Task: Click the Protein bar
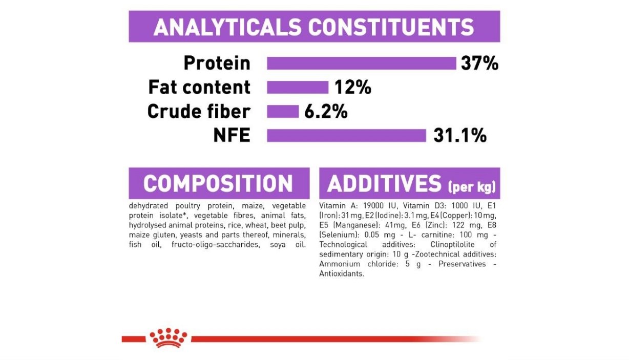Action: coord(362,63)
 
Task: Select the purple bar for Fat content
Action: coord(298,88)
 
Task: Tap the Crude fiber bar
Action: coord(283,112)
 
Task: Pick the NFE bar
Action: coord(346,136)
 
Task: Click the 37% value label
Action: coord(479,63)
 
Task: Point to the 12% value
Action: coord(353,88)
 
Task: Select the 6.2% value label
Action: coord(326,112)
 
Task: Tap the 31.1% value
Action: coord(460,136)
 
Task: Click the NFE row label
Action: coord(232,135)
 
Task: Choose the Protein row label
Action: coord(217,63)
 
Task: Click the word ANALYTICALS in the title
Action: coord(227,27)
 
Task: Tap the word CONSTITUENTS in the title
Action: coord(391,27)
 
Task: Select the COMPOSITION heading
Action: coord(218,183)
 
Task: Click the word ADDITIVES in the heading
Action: coord(385,183)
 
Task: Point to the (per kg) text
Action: coord(472,187)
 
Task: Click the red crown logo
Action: coord(168,338)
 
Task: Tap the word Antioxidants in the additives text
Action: coord(342,274)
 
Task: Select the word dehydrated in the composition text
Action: coord(148,206)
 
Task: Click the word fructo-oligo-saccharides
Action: coord(216,245)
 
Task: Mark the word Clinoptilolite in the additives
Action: coord(452,245)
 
